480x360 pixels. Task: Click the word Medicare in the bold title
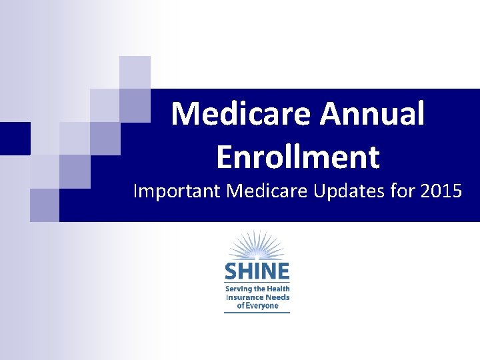click(x=241, y=113)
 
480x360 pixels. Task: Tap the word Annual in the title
click(x=373, y=113)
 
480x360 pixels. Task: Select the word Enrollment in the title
click(x=298, y=157)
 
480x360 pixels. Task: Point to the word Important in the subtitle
click(x=177, y=191)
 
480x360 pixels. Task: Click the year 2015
click(x=441, y=191)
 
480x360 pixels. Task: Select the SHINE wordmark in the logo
click(x=257, y=271)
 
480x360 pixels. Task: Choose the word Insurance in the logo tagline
click(x=245, y=297)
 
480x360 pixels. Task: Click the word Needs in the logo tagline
click(x=277, y=297)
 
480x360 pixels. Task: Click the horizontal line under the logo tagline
click(x=257, y=312)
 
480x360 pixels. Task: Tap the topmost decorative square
click(x=135, y=72)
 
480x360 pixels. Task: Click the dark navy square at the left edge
click(x=15, y=139)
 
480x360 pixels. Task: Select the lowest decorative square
click(x=45, y=205)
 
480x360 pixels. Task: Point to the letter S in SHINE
click(x=231, y=271)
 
